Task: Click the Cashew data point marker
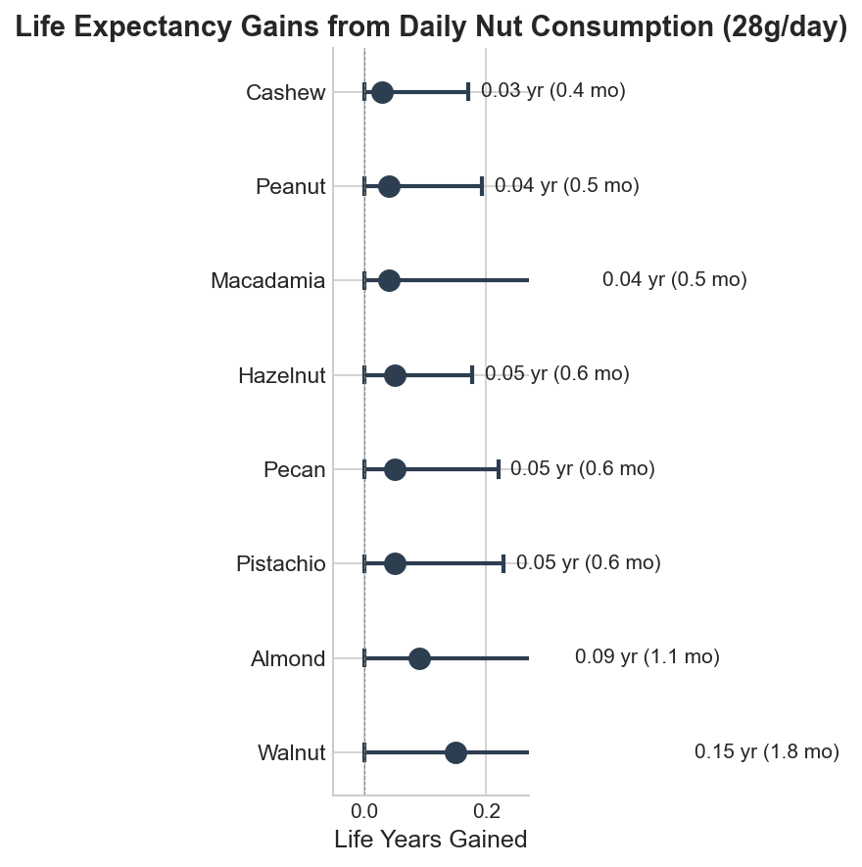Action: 382,92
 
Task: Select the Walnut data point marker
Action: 455,752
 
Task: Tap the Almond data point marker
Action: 419,658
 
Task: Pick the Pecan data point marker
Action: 395,469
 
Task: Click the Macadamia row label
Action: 267,281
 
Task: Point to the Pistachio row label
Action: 280,564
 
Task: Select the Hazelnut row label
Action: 281,375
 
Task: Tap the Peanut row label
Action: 290,186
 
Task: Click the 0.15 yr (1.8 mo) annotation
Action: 766,752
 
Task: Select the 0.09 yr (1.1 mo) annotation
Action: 646,657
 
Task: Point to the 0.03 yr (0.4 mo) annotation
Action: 552,91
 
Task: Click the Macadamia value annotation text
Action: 674,280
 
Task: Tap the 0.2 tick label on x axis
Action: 486,811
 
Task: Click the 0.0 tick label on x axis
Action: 364,811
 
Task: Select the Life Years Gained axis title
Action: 431,840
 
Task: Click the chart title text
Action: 431,29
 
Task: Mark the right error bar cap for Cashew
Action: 468,92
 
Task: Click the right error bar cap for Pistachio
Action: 503,563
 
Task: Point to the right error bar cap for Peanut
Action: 482,186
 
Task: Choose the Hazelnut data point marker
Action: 395,375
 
